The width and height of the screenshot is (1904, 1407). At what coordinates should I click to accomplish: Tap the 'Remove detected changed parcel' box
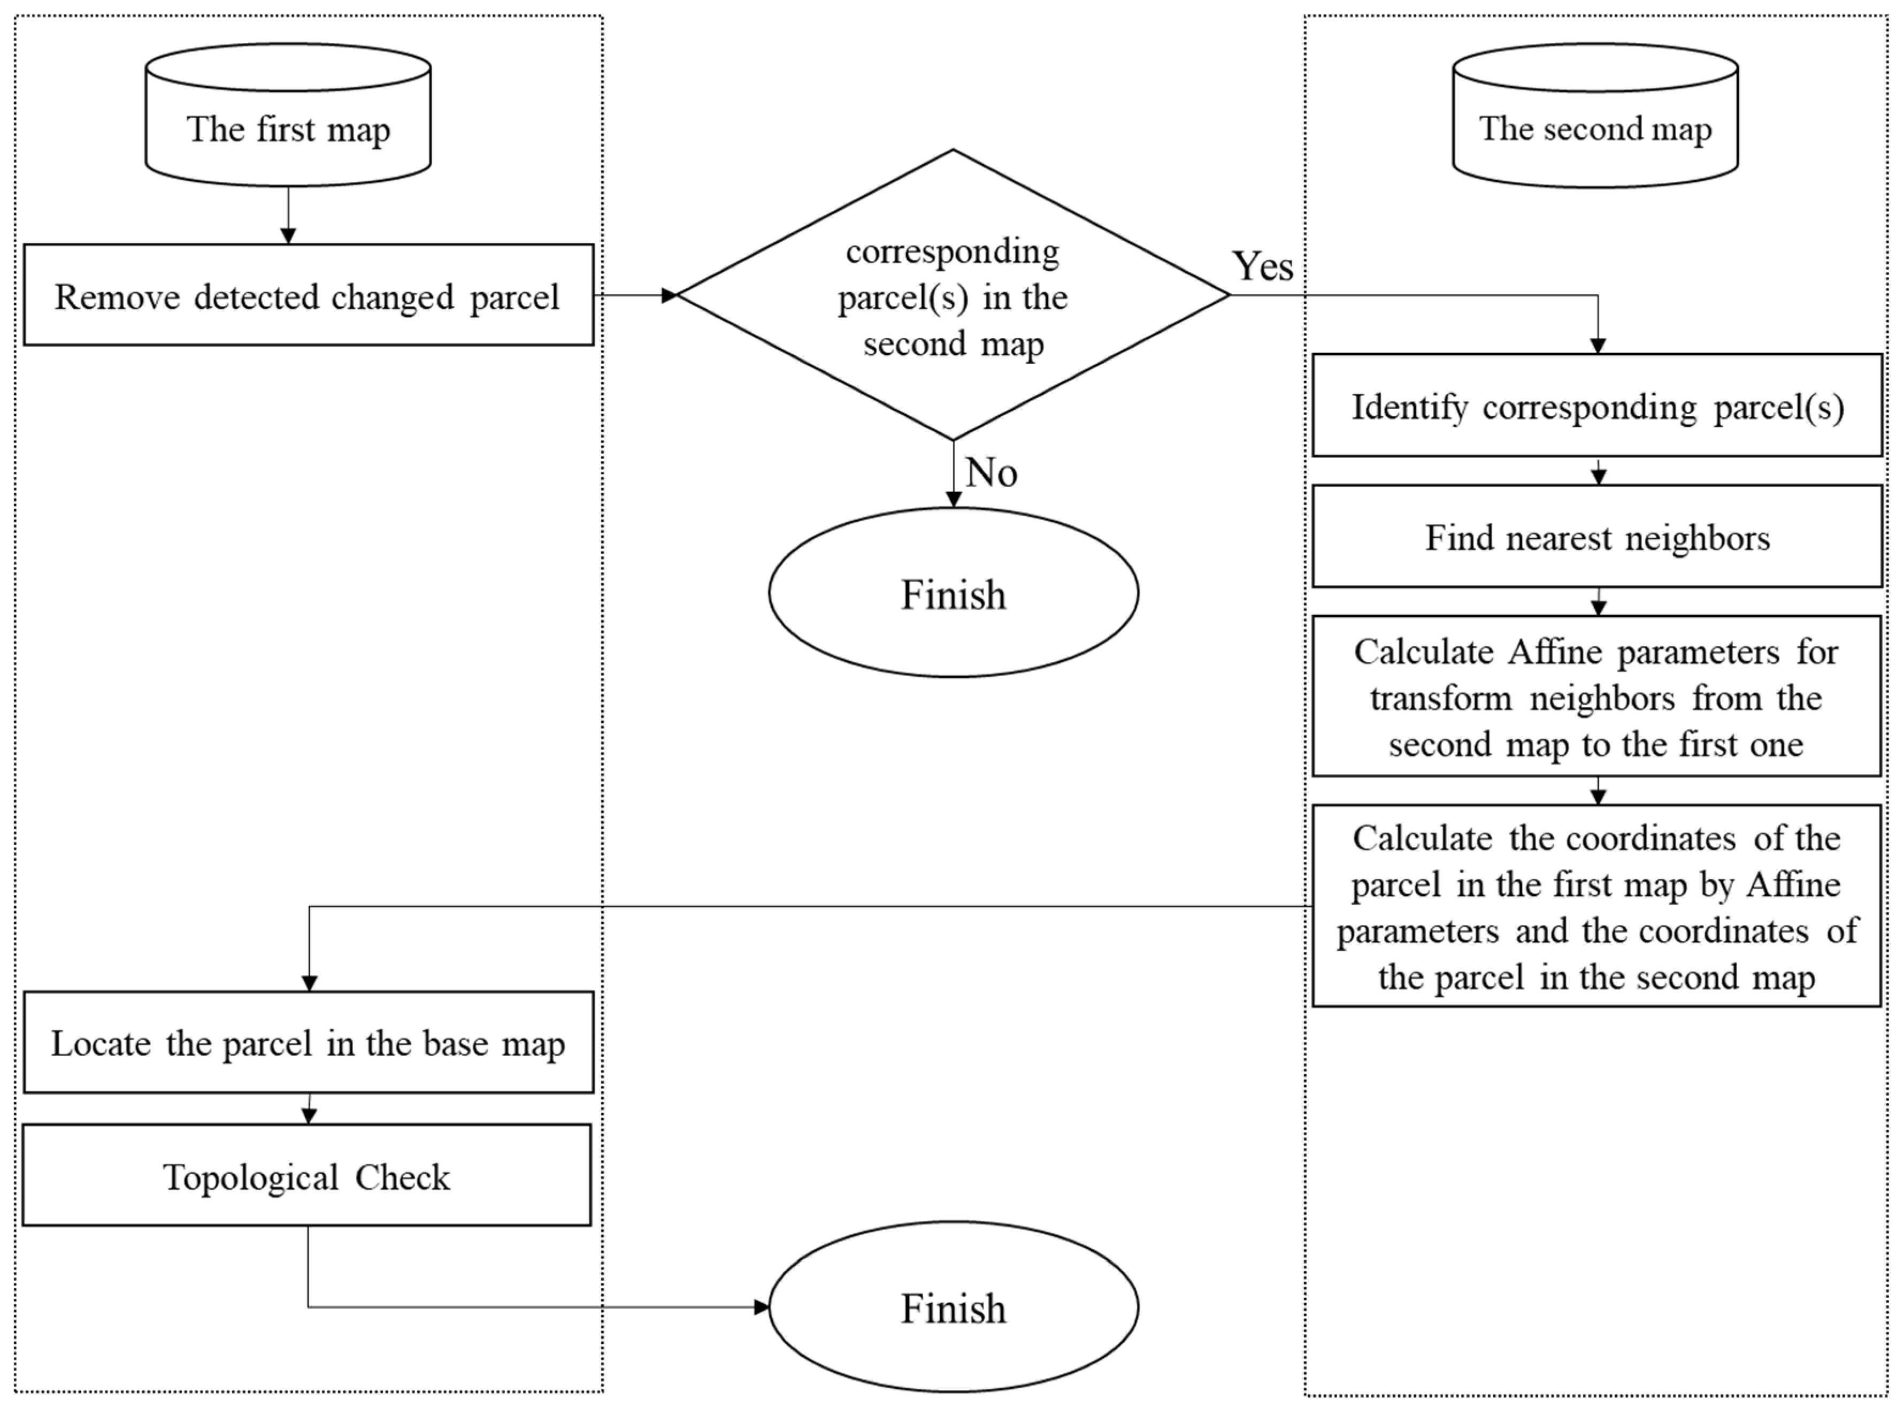pos(308,295)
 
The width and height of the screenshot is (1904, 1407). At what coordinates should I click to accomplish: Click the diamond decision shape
pos(953,295)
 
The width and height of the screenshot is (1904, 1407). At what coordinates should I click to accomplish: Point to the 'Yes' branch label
pos(1263,266)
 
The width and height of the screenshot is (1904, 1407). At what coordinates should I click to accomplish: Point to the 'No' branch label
pos(991,472)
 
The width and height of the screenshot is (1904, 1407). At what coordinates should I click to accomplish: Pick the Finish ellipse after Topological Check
pos(953,1307)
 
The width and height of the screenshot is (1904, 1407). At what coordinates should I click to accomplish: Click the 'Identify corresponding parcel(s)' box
pos(1596,406)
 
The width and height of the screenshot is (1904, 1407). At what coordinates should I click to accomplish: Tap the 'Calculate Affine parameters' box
pos(1596,696)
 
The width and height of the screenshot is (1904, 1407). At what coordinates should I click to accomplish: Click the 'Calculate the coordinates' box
pos(1596,906)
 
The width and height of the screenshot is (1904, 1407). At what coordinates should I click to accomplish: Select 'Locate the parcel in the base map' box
pos(308,1043)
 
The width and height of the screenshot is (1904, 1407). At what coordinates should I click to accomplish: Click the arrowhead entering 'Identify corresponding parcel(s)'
pos(1598,346)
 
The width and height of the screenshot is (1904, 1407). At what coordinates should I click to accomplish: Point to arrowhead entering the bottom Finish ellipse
pos(761,1307)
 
